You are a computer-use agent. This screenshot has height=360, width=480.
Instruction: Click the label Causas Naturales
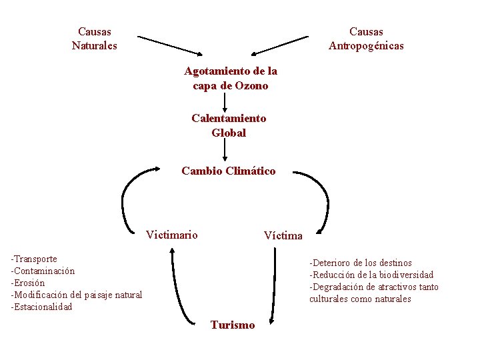pos(94,39)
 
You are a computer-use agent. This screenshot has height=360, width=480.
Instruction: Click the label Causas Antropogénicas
pos(366,39)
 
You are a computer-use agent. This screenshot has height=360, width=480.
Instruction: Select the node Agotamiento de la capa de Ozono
pos(231,78)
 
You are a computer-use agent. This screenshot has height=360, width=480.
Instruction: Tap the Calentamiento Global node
pos(229,125)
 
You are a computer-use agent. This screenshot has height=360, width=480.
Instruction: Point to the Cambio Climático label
pos(228,171)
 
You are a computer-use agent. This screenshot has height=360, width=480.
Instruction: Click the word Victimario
pos(171,234)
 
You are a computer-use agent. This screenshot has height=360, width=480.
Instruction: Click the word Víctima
pos(283,235)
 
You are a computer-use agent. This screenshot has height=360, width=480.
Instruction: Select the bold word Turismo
pos(232,325)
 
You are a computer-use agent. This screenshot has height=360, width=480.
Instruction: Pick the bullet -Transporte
pos(34,259)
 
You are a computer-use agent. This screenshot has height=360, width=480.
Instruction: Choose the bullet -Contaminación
pos(43,271)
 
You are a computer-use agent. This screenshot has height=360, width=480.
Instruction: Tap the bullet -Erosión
pos(28,283)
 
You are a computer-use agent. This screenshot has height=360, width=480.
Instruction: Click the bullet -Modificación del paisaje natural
pos(76,295)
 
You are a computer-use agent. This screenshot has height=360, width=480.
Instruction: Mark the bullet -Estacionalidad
pos(41,307)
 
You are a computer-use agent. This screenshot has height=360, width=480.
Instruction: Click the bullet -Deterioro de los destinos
pos(360,263)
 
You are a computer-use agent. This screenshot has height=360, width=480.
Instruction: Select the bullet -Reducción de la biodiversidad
pos(371,275)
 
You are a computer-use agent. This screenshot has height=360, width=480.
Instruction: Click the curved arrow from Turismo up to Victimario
pos(175,287)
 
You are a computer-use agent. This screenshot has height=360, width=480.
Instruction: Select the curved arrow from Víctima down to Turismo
pos(275,287)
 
